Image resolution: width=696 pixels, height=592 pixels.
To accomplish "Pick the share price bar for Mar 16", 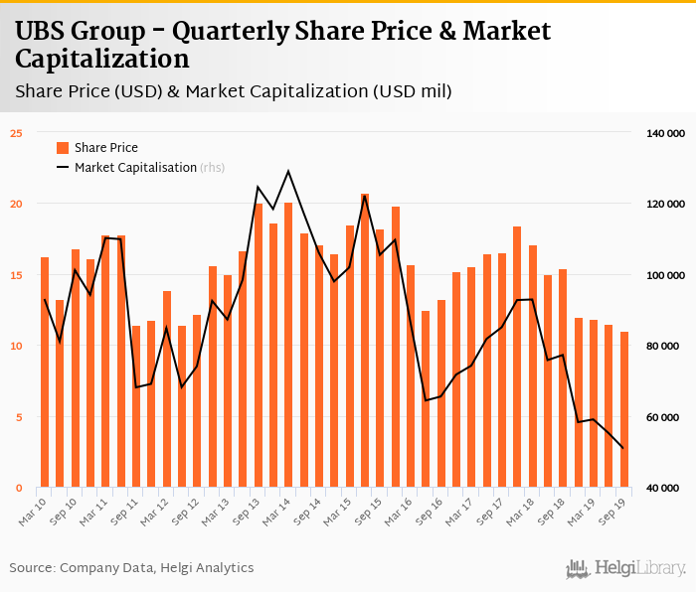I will click(x=411, y=376).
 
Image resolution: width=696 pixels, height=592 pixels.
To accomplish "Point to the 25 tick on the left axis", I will click(x=16, y=132).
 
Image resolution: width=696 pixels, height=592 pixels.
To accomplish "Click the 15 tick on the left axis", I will click(x=16, y=275).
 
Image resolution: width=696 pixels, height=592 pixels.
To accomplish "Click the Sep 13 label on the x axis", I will click(x=250, y=510).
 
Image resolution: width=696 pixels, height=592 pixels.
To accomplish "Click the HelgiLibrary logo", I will click(x=625, y=568).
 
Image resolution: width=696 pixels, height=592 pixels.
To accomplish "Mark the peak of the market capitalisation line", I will click(x=288, y=171).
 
